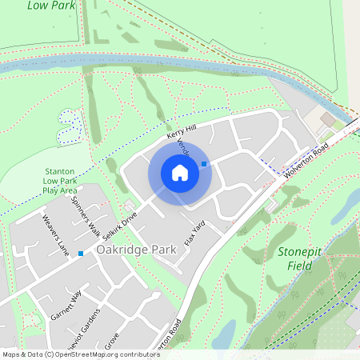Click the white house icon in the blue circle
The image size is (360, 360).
tap(180, 172)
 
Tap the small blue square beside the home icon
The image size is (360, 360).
tap(204, 164)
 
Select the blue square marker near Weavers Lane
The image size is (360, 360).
tap(81, 254)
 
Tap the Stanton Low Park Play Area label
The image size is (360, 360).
tap(60, 181)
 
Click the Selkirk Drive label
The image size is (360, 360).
tap(120, 225)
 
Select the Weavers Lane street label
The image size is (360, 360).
tap(54, 231)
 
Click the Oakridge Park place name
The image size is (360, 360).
tap(135, 250)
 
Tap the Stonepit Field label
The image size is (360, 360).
tap(299, 258)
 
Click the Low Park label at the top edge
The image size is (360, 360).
tap(46, 5)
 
